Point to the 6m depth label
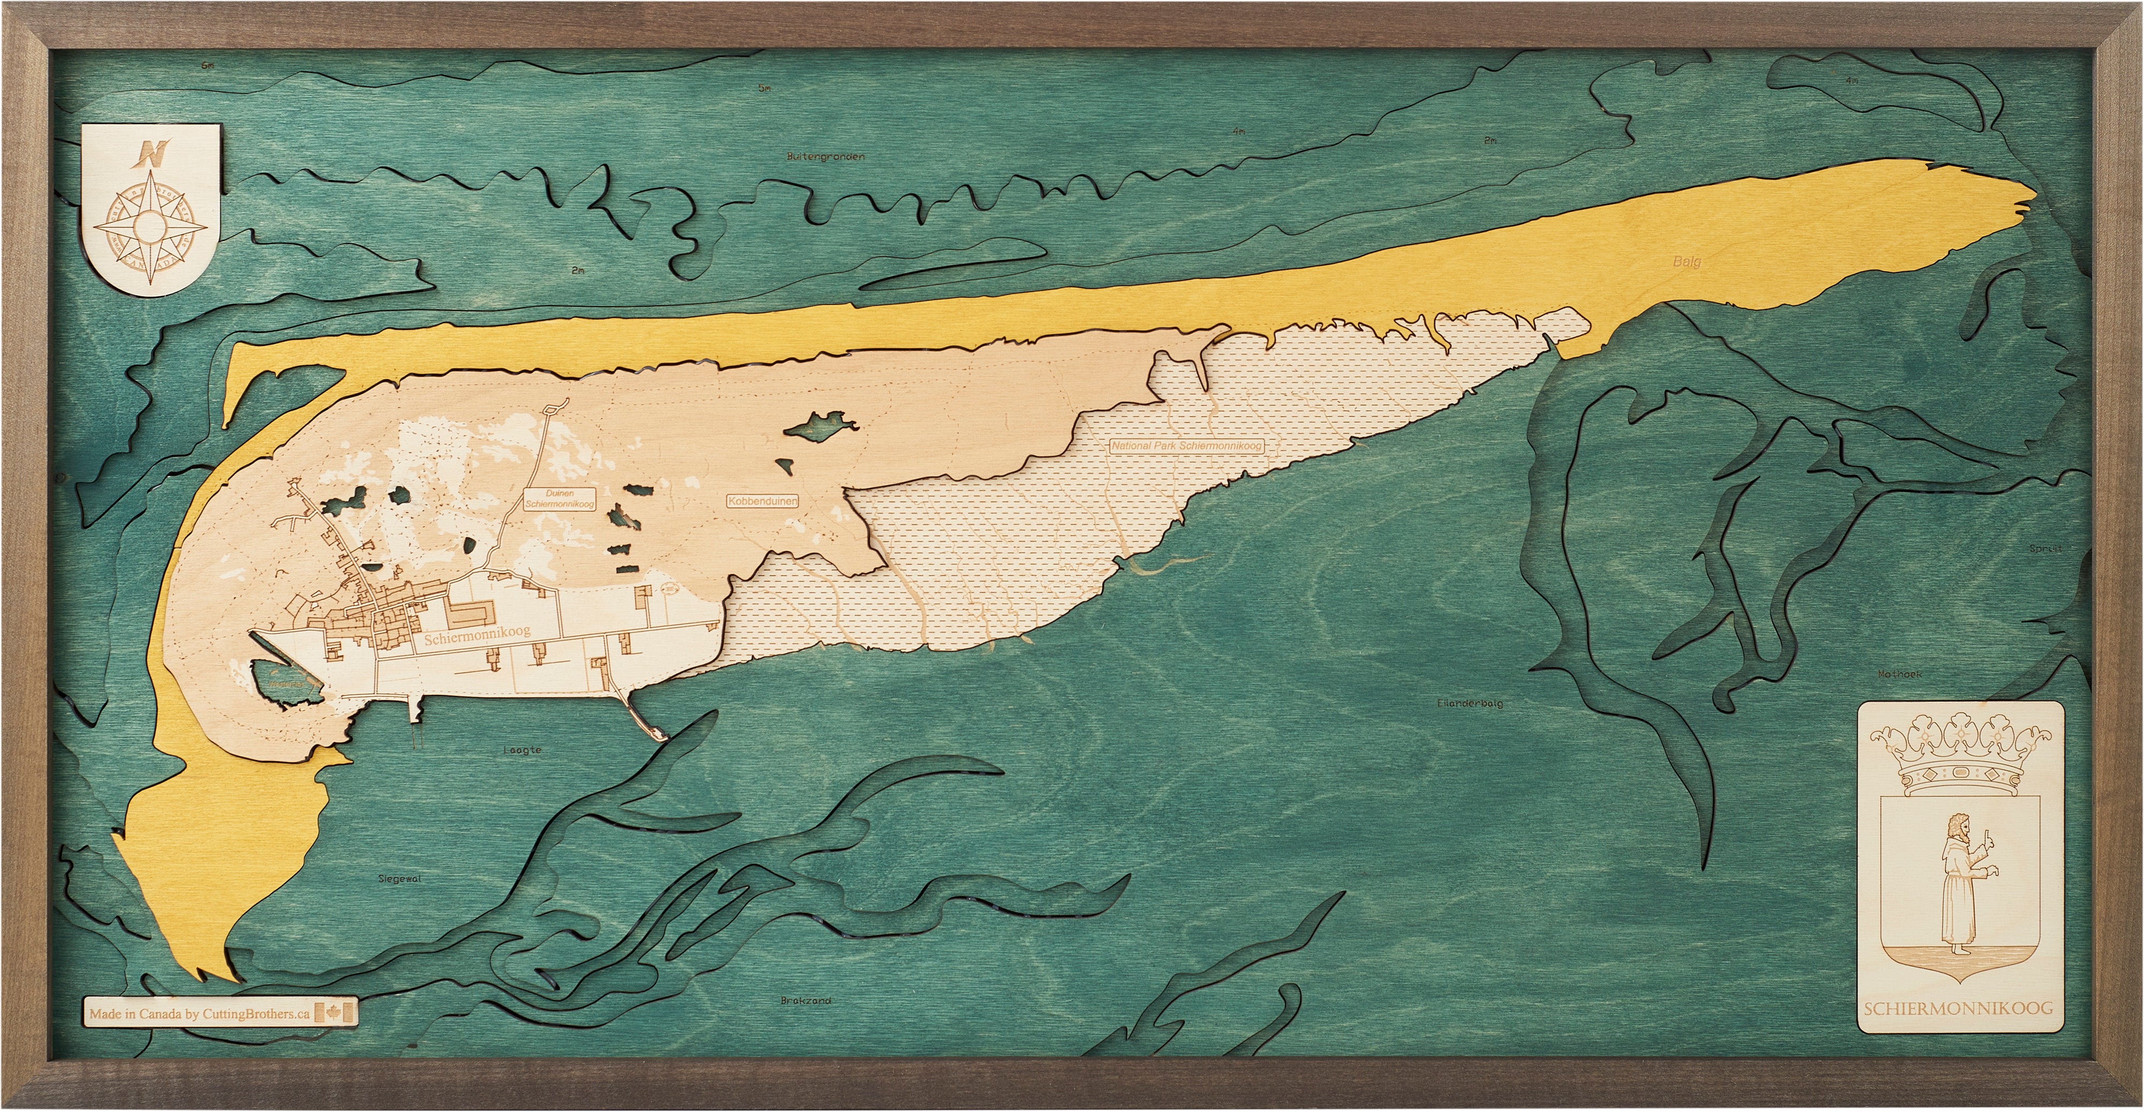tap(207, 66)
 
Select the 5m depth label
tap(764, 88)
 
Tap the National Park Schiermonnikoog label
tap(1187, 446)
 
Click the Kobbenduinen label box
tap(762, 501)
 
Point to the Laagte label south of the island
tap(523, 750)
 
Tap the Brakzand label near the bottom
tap(806, 1002)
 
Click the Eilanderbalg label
tap(1470, 703)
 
